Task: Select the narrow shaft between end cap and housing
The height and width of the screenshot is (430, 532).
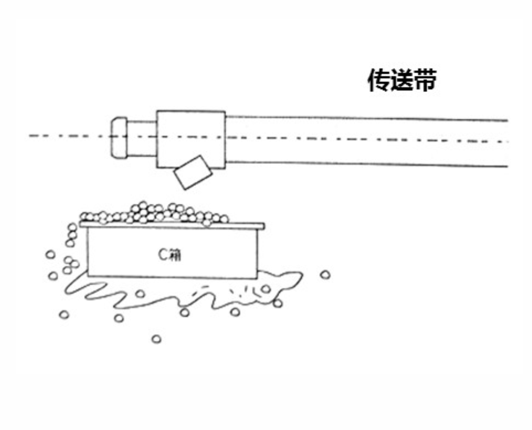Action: [142, 138]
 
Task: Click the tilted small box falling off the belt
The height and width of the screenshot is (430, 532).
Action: [193, 173]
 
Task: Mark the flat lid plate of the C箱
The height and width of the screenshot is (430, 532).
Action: [172, 225]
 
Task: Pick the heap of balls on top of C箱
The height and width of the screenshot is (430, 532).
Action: [154, 214]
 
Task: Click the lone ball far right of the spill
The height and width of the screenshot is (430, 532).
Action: [325, 274]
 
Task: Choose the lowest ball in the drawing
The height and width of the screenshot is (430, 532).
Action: [157, 339]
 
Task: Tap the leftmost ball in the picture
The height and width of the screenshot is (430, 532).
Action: [50, 255]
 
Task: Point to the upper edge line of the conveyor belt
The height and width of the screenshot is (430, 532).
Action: [366, 118]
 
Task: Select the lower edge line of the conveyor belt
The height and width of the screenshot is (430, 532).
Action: [366, 164]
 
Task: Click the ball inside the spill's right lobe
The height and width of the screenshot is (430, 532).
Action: [265, 289]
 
